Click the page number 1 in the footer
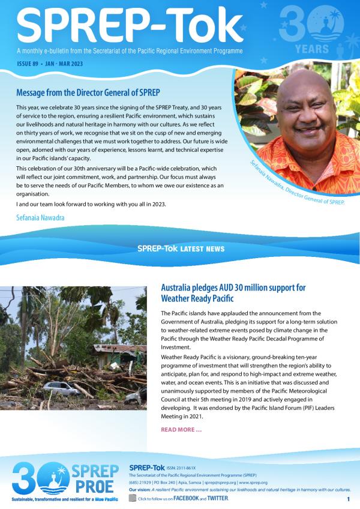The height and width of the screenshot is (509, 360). click(x=348, y=499)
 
